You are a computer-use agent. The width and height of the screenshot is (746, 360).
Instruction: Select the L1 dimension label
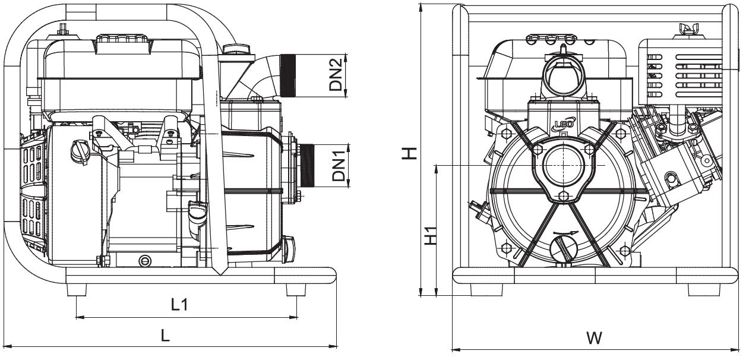(x=179, y=305)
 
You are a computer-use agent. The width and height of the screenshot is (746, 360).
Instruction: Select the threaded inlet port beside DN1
(x=306, y=165)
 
